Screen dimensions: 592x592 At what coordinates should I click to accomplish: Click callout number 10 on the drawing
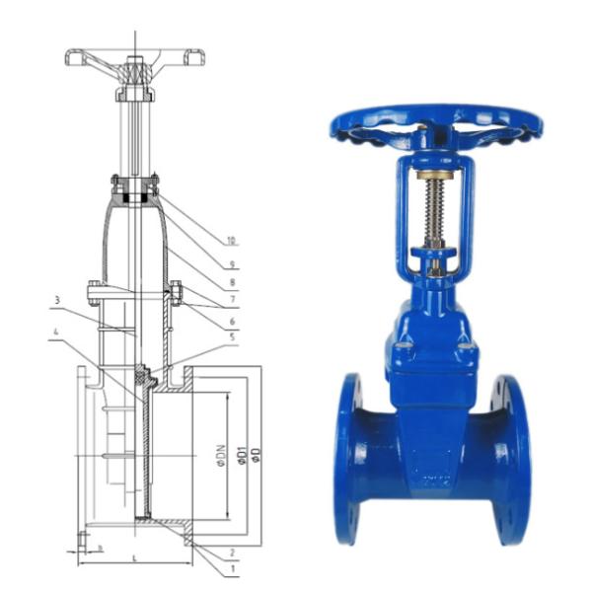(x=231, y=240)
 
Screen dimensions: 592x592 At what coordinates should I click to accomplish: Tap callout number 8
(x=231, y=281)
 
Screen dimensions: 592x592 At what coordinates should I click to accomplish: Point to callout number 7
(x=231, y=299)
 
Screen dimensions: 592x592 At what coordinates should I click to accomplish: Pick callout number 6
(x=231, y=321)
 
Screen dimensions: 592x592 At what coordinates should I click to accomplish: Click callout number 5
(x=231, y=338)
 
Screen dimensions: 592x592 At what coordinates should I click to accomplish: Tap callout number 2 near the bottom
(x=231, y=553)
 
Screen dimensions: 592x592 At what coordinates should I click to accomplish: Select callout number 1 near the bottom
(x=231, y=570)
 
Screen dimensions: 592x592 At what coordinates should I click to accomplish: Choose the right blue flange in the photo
(x=511, y=459)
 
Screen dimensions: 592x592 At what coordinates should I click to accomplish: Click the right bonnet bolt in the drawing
(x=176, y=292)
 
